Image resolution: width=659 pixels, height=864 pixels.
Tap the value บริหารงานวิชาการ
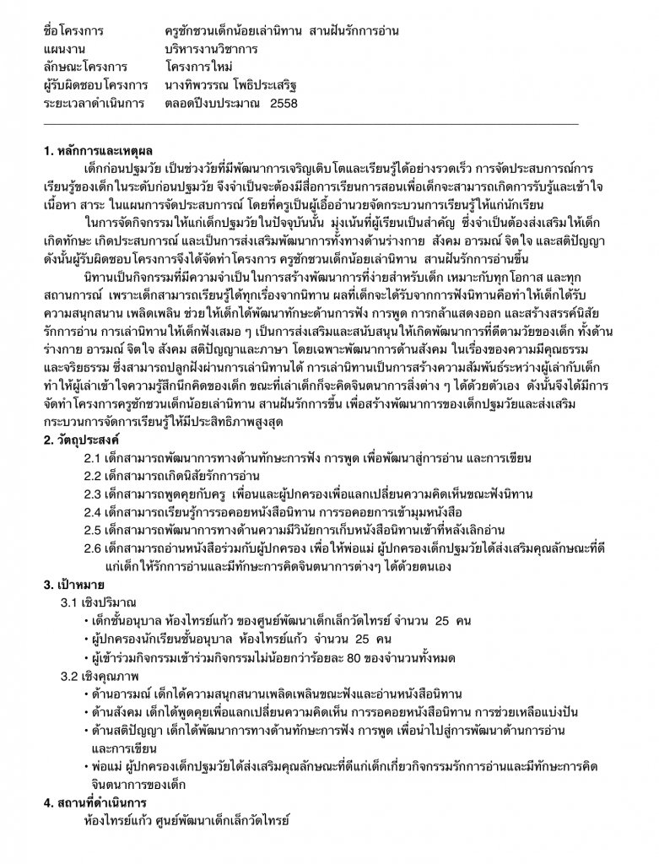pyautogui.click(x=212, y=49)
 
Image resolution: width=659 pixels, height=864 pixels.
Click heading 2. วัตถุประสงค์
pyautogui.click(x=81, y=440)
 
